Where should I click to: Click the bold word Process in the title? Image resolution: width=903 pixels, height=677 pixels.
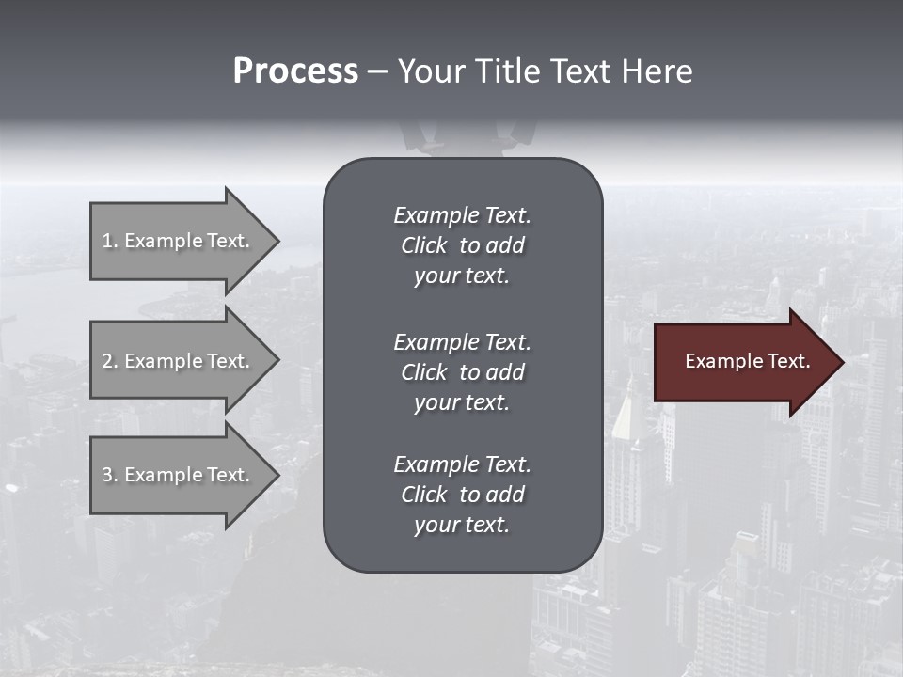click(295, 71)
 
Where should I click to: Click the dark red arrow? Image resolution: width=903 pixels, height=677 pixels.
click(743, 362)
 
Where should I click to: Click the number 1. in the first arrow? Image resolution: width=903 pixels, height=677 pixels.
click(110, 241)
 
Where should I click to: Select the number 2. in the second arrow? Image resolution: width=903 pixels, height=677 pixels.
click(110, 361)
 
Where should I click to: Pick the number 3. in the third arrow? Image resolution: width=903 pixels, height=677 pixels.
click(110, 475)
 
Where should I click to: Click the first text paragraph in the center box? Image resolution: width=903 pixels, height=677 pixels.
click(462, 245)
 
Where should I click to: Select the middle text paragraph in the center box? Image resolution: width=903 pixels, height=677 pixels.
click(462, 372)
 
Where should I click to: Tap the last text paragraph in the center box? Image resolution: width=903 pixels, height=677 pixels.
click(462, 495)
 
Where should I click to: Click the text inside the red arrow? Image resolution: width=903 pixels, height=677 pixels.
click(747, 361)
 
